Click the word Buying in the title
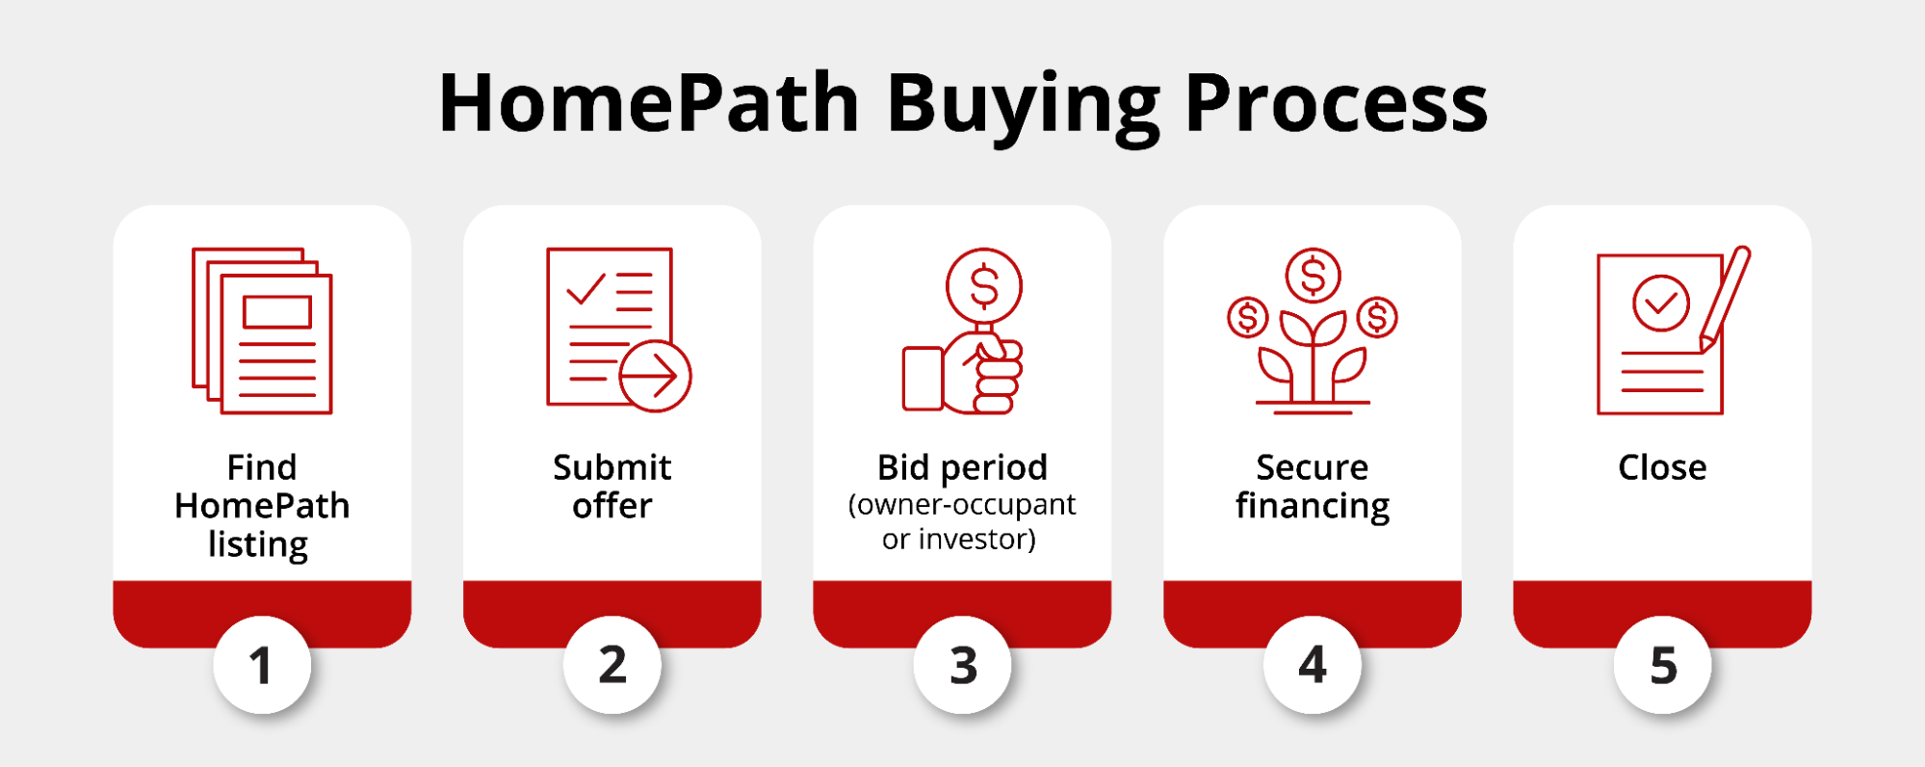coord(1024,104)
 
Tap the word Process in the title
coord(1336,104)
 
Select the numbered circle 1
coord(262,665)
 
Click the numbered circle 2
coord(612,665)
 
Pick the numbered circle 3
coord(963,665)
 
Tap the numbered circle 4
coord(1313,665)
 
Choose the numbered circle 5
coord(1663,665)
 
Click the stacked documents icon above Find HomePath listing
coord(263,331)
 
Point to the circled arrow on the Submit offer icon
coord(655,376)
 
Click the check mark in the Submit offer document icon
coord(585,288)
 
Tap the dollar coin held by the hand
coord(984,286)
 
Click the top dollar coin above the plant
coord(1313,276)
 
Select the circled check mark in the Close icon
coord(1661,303)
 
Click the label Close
coord(1662,467)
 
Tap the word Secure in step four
coord(1312,467)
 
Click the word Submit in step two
coord(612,467)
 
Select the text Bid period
coord(962,467)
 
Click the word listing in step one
coord(258,544)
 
